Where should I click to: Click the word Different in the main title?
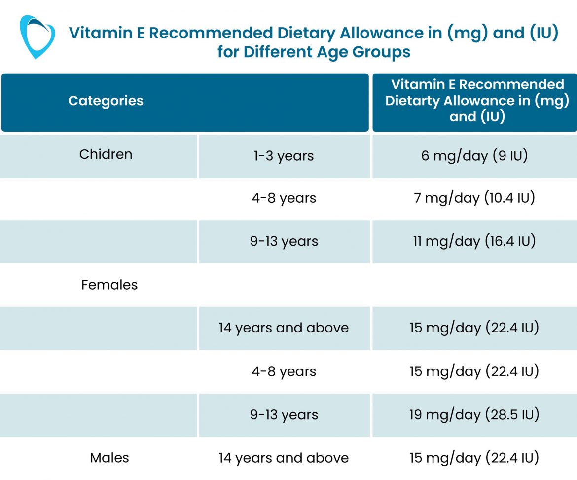click(278, 51)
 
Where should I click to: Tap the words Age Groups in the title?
click(364, 51)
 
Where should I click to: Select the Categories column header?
click(106, 101)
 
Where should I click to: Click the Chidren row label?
click(106, 154)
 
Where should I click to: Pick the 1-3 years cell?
click(284, 156)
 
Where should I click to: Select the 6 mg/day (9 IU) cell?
click(474, 156)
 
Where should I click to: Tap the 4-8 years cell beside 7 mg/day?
click(284, 198)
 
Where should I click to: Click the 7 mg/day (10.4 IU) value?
click(474, 198)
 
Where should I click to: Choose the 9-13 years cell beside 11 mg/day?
click(284, 242)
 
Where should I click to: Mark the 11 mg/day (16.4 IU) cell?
click(474, 242)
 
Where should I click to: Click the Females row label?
click(109, 285)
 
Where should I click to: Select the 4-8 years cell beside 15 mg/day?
click(284, 371)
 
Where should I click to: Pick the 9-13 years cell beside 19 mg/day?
click(284, 415)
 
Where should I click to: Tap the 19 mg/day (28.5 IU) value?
click(474, 415)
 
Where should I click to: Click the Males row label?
click(109, 458)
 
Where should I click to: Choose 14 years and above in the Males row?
click(284, 458)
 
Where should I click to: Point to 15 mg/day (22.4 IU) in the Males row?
click(474, 458)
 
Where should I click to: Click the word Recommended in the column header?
click(511, 84)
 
